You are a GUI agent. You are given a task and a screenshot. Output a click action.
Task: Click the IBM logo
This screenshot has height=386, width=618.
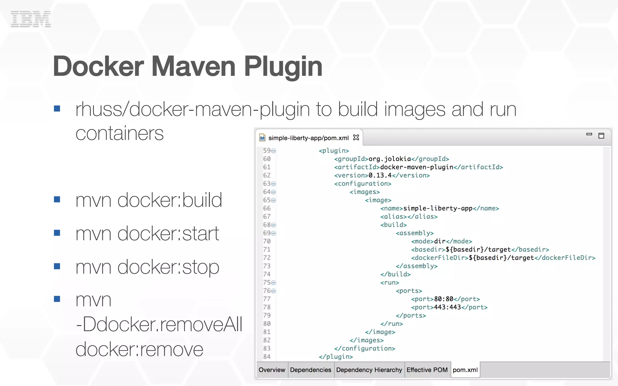30,19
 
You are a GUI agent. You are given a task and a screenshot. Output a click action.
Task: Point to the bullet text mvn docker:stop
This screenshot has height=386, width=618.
147,267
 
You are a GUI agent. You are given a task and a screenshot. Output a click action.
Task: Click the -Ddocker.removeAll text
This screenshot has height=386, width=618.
159,325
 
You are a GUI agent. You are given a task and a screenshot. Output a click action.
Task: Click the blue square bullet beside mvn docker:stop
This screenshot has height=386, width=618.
57,266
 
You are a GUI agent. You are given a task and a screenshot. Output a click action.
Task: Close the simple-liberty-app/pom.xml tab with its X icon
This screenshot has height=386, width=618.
356,138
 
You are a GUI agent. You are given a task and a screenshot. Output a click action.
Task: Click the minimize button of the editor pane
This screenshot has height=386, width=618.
589,134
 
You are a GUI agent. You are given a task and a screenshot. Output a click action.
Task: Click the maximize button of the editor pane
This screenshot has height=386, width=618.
601,136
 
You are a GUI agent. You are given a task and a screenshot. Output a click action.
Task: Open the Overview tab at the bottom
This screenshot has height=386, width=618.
272,370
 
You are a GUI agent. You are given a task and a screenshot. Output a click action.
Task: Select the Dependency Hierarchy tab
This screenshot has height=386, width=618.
369,370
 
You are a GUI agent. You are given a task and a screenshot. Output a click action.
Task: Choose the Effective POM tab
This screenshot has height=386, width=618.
427,370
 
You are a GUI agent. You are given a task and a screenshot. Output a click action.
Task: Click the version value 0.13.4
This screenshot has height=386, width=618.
380,175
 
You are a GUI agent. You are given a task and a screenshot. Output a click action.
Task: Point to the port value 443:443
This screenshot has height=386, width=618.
447,307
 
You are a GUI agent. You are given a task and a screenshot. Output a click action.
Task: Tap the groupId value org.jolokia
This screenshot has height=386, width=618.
390,159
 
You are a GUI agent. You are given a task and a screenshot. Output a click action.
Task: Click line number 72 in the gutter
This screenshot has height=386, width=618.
267,258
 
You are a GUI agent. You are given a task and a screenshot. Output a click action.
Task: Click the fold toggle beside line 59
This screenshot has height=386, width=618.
273,151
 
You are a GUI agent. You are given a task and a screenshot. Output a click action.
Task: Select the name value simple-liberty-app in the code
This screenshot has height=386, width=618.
438,208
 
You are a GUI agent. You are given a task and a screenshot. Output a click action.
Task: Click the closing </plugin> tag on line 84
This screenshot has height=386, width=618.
336,356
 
